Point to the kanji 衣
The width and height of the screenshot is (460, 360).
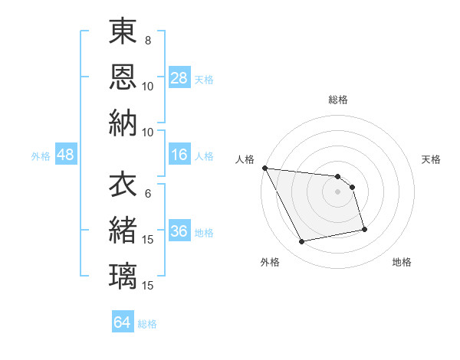pos(123,185)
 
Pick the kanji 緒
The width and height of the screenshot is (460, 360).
pos(123,231)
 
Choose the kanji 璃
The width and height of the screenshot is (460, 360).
pos(123,276)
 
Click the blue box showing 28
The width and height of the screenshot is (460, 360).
pos(179,78)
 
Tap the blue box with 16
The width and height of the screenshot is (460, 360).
pos(179,155)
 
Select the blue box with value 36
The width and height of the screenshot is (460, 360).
pos(179,232)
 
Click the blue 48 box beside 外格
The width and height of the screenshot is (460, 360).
pos(65,155)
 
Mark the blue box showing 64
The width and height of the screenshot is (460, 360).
pos(123,322)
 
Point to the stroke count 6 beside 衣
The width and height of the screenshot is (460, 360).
pos(147,194)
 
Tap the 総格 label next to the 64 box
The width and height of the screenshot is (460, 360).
pos(147,323)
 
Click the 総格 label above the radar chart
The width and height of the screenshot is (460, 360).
pos(338,100)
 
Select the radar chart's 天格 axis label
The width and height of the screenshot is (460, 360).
pos(431,159)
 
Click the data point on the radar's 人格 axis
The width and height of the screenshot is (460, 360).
pos(264,168)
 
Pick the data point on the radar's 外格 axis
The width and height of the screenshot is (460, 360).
pos(302,242)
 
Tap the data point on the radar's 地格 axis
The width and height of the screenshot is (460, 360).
pos(364,229)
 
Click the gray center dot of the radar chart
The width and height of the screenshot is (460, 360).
pos(338,191)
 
